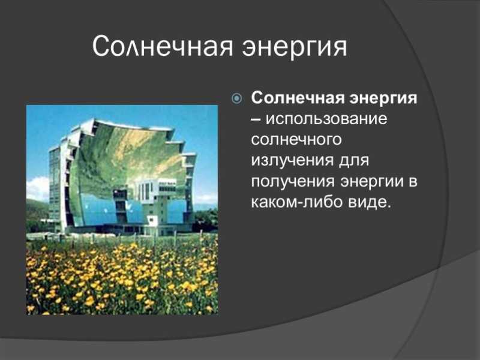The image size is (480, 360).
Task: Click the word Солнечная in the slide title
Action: point(162,47)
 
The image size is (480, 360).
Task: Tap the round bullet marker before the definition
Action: point(237,98)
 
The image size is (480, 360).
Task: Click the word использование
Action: point(326,119)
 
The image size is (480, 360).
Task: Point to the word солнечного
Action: point(296,140)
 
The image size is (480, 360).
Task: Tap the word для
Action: point(354,161)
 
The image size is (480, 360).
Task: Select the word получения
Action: point(293,182)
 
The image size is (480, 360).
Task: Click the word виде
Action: point(370,202)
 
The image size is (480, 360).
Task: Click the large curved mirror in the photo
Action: point(128,159)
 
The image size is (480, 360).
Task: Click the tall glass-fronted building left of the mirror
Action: point(56,187)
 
